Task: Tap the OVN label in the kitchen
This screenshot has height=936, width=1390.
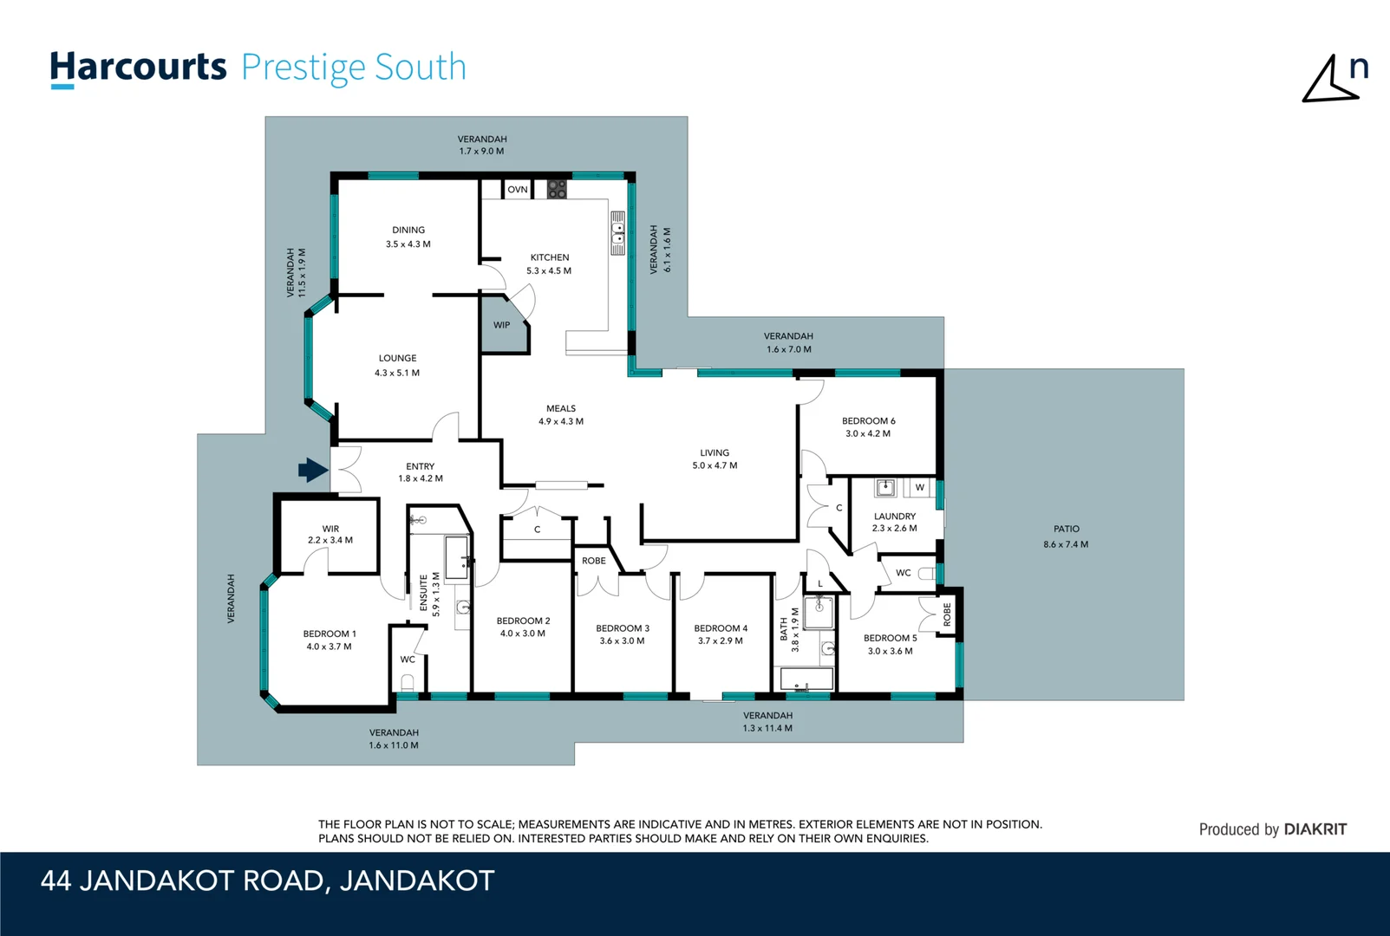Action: tap(518, 190)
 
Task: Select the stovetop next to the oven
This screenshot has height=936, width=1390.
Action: tap(557, 189)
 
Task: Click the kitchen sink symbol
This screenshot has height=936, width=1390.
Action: tap(618, 232)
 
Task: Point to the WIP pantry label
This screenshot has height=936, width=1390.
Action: tap(501, 325)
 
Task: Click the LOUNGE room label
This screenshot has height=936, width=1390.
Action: tap(397, 358)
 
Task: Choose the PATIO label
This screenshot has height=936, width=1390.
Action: tap(1067, 529)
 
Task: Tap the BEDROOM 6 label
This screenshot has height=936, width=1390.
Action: tap(868, 421)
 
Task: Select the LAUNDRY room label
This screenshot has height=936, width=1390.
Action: tap(895, 517)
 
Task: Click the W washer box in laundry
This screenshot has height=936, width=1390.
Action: tap(920, 487)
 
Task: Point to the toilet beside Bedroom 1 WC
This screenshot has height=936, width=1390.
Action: tap(408, 683)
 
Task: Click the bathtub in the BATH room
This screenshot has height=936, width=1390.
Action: tap(806, 679)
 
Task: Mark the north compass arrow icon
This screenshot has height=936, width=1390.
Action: tap(1330, 80)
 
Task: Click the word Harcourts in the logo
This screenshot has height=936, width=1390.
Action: tap(139, 68)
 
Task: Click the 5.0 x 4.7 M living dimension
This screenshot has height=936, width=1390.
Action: tap(715, 465)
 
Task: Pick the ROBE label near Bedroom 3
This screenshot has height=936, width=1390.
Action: tap(594, 561)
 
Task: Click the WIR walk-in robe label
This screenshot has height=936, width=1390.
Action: tap(330, 529)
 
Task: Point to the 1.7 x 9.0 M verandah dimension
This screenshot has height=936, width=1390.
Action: tap(481, 151)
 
